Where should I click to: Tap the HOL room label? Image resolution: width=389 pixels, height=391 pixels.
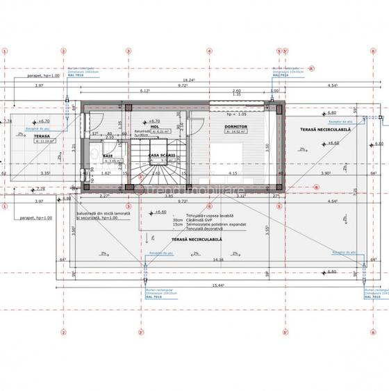coord(156,126)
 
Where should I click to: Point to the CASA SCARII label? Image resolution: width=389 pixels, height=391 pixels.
coord(162,156)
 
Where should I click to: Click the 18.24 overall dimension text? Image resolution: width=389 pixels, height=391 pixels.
coord(188,80)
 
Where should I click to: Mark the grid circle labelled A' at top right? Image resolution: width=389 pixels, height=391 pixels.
coord(312,67)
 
